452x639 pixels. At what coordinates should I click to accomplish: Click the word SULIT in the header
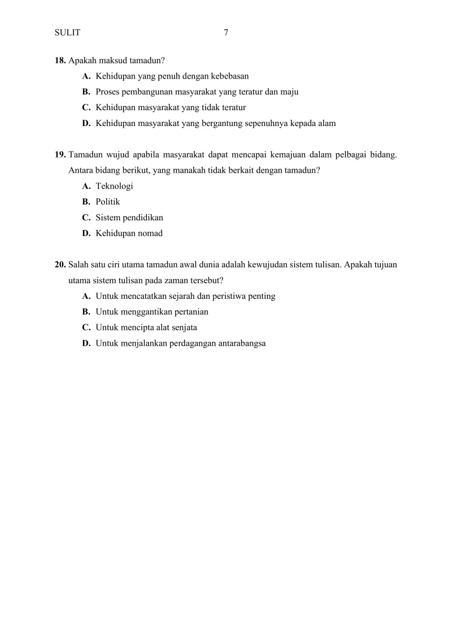point(67,33)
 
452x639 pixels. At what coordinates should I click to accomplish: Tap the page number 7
point(226,33)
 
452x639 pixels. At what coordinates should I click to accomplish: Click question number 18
point(60,60)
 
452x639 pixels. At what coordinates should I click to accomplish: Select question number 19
point(60,154)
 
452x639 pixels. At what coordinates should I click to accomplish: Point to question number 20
point(60,264)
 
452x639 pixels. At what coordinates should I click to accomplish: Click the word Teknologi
point(115,186)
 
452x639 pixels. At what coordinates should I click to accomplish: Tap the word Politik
point(108,202)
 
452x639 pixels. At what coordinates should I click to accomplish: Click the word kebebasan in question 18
point(231,76)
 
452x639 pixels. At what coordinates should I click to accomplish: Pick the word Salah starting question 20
point(79,264)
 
